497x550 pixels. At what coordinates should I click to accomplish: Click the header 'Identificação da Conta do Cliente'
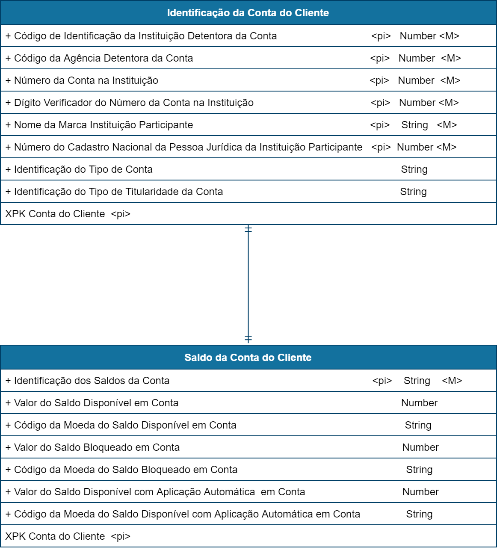click(x=248, y=13)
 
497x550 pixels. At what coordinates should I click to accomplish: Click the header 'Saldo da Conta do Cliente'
click(x=248, y=358)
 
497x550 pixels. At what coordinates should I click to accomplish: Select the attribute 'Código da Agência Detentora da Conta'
click(x=103, y=58)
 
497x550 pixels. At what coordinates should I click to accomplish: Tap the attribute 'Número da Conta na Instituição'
click(x=86, y=80)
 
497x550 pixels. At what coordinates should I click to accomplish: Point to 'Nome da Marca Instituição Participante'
click(x=103, y=125)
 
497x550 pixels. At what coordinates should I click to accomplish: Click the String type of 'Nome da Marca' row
click(x=414, y=125)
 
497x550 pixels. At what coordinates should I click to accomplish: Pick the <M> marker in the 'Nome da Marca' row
click(x=447, y=125)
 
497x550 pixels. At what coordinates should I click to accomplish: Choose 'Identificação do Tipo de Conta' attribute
click(x=83, y=169)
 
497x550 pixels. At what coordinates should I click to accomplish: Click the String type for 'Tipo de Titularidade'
click(x=413, y=192)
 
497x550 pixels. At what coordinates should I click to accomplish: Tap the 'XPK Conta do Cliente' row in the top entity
click(x=68, y=214)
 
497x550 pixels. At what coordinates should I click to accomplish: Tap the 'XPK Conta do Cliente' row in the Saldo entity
click(x=68, y=536)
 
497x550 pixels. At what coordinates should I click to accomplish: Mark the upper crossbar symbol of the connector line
click(x=248, y=230)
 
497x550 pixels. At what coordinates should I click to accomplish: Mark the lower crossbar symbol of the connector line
click(x=248, y=339)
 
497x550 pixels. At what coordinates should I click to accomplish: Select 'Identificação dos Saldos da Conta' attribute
click(x=92, y=381)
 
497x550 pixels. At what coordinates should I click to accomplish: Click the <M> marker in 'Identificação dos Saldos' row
click(x=452, y=381)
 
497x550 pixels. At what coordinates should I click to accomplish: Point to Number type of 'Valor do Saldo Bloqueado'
click(x=420, y=447)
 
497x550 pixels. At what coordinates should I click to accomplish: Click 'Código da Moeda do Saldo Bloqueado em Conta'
click(x=125, y=470)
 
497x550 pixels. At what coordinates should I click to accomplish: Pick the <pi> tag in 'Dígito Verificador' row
click(x=381, y=103)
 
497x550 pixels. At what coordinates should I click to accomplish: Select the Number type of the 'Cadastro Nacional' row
click(x=415, y=147)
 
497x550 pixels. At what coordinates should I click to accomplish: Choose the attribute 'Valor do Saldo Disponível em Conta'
click(x=96, y=403)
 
